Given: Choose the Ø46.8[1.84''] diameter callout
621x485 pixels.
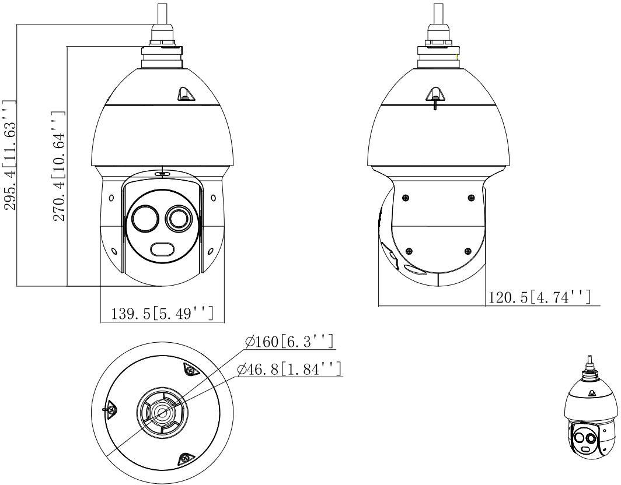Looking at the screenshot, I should [x=290, y=370].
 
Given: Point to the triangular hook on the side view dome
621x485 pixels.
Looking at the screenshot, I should [x=435, y=94].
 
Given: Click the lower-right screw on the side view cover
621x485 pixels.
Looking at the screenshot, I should [x=467, y=251].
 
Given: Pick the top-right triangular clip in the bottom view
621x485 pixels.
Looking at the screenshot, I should [x=190, y=369].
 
